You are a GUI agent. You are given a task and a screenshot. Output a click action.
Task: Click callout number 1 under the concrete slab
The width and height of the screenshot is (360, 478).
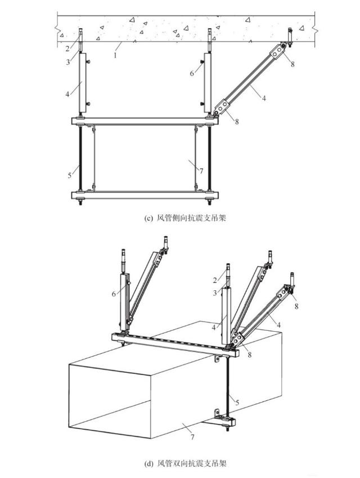tap(115, 56)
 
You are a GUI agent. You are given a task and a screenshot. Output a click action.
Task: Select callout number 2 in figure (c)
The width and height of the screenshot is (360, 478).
tap(68, 48)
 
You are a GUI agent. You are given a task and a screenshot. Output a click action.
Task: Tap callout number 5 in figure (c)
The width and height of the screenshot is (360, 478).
tap(70, 175)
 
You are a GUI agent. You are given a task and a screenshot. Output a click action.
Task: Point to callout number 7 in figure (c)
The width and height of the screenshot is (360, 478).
tap(201, 171)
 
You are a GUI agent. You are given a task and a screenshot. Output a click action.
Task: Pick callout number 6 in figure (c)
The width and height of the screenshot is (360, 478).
tap(192, 74)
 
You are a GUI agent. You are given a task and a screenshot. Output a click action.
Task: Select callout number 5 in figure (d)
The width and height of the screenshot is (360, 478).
tap(237, 403)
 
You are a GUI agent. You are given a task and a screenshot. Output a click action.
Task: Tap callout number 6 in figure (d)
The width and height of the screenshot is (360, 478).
tap(114, 294)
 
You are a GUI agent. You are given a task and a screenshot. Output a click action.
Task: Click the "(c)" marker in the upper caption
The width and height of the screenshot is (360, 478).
tap(148, 218)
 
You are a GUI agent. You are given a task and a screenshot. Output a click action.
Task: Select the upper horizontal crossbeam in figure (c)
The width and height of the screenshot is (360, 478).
tap(145, 121)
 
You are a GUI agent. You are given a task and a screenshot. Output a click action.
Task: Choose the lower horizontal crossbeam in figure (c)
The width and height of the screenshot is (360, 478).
tap(145, 195)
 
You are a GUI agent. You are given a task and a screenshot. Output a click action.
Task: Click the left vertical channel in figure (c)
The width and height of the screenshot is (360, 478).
tap(82, 83)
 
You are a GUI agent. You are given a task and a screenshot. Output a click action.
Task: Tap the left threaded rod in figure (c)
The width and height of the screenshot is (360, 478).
tap(81, 158)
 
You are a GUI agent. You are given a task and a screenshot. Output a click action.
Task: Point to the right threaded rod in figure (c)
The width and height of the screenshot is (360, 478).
tap(209, 158)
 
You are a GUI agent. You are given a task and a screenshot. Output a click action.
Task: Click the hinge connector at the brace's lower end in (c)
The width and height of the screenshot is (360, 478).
tap(221, 107)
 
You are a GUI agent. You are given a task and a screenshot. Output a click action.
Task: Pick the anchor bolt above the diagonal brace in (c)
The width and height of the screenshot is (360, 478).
tap(290, 38)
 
